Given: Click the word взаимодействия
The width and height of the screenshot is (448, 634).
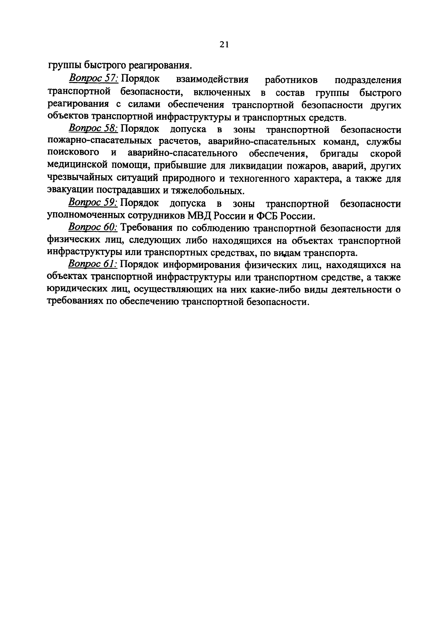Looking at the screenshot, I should click(212, 80).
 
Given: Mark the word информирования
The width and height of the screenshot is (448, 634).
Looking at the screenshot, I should click(201, 265).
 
